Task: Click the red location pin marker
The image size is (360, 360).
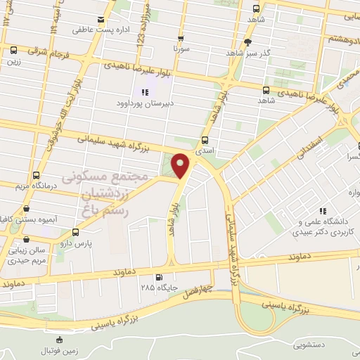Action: [181, 167]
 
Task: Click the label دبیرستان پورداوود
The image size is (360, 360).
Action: [145, 103]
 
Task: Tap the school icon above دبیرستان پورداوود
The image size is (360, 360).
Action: [146, 92]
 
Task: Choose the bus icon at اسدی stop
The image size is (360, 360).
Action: [205, 140]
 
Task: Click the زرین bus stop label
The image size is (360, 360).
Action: [13, 60]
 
